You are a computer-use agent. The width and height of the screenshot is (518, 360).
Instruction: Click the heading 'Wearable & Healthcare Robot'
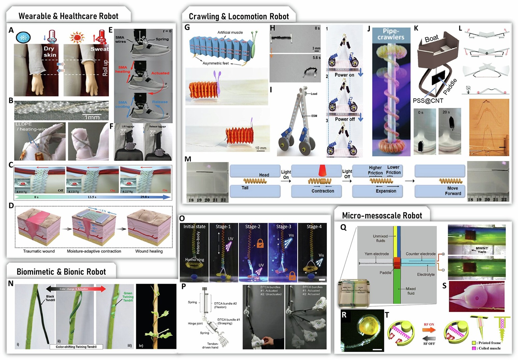click(x=68, y=16)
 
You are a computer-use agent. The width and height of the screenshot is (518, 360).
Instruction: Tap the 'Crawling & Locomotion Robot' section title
click(x=239, y=16)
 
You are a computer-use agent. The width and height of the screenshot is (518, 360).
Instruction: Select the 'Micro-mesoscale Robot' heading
click(x=382, y=216)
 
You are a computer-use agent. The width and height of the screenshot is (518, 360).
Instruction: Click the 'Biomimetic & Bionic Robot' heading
click(x=61, y=272)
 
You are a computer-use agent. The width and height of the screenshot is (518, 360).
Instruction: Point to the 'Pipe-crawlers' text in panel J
click(x=391, y=34)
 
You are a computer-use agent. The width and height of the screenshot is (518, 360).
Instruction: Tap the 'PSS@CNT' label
click(x=428, y=100)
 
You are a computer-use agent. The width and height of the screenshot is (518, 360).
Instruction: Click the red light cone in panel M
click(x=323, y=171)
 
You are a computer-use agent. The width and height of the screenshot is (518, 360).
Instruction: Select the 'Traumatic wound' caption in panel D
click(x=39, y=251)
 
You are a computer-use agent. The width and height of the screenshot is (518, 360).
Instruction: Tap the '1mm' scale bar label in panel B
click(x=92, y=117)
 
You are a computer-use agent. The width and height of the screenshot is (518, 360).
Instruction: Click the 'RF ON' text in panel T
click(x=429, y=324)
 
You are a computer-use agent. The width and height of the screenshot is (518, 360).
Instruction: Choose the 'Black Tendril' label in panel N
click(x=50, y=298)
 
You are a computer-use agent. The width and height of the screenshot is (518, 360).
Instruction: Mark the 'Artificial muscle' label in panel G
click(x=230, y=32)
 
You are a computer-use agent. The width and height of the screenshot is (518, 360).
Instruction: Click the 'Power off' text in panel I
click(x=345, y=119)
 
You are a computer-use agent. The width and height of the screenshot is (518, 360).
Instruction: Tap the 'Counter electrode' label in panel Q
click(x=421, y=254)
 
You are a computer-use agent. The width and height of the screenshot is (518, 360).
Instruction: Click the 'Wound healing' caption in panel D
click(x=149, y=251)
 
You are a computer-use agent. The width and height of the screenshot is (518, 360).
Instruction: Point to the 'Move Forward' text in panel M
click(x=453, y=191)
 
